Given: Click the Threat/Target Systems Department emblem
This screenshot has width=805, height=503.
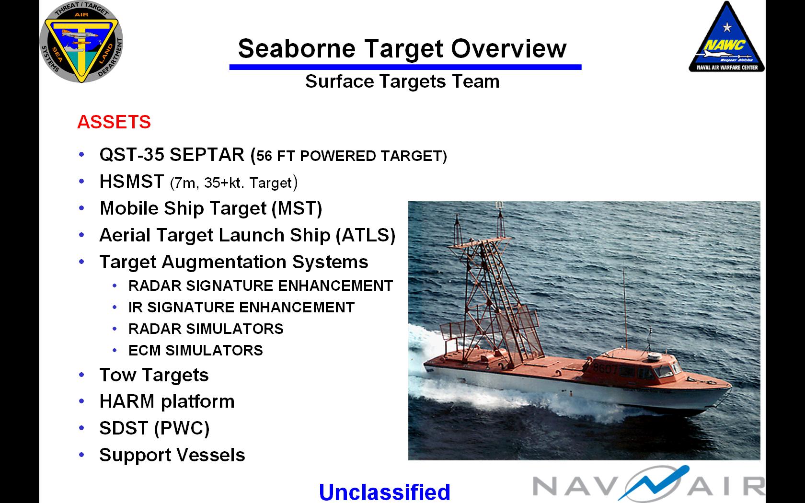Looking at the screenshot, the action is [x=81, y=42].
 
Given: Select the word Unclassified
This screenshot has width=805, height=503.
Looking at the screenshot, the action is [x=384, y=492].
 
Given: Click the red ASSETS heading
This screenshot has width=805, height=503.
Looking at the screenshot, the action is [x=114, y=122].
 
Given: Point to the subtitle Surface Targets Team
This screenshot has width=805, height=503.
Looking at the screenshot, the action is [x=402, y=81].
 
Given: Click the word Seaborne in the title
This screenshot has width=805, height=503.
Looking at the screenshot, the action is [x=297, y=48].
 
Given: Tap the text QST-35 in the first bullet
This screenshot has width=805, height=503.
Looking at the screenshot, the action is [x=132, y=155].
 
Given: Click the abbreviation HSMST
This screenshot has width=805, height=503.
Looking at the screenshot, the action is [x=132, y=182].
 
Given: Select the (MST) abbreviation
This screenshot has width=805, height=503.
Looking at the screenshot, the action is [x=297, y=209].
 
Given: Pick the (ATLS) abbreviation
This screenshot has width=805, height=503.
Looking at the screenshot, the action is [x=366, y=236].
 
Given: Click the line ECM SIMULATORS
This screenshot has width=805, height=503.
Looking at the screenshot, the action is [x=196, y=350].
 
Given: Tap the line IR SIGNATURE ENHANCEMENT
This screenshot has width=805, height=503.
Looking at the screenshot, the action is [x=241, y=307].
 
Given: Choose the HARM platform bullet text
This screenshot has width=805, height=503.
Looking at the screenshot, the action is [x=167, y=401].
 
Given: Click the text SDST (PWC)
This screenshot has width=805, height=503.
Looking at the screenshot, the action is [x=154, y=428].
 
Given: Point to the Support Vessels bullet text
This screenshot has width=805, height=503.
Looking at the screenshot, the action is [x=172, y=455].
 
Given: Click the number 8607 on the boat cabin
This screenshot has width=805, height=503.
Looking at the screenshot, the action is [x=605, y=369].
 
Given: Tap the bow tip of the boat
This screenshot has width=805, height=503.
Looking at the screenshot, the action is [x=732, y=387].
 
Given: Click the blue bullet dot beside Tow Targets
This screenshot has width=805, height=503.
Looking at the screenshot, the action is [x=81, y=375].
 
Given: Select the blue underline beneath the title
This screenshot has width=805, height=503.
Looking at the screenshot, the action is [x=405, y=67].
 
